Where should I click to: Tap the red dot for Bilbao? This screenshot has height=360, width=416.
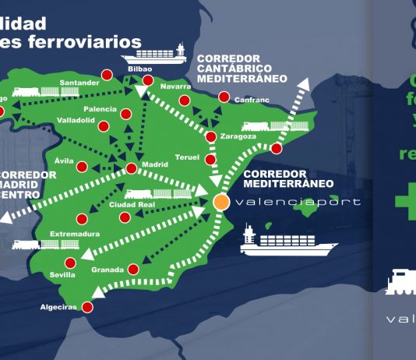[x=148, y=80]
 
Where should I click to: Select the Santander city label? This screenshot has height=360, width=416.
[x=79, y=83]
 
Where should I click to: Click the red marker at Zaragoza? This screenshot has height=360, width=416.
[x=211, y=138]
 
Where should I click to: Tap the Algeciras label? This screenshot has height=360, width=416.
[x=59, y=307]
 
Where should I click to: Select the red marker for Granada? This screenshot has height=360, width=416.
[x=133, y=269]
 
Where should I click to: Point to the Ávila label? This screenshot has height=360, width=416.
[x=64, y=160]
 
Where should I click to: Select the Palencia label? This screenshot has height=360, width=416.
[x=100, y=109]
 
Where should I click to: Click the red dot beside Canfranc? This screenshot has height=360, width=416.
[x=224, y=97]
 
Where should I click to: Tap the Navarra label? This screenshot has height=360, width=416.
[x=175, y=86]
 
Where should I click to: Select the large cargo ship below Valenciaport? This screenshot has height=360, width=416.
[x=277, y=242]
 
